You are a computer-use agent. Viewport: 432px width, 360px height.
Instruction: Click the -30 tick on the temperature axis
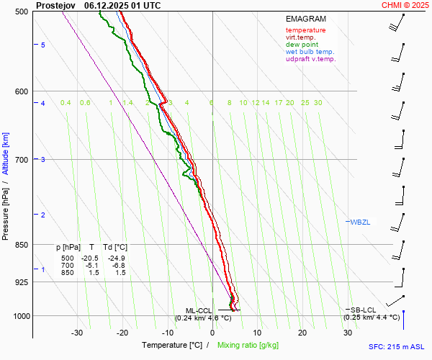pyautogui.click(x=77, y=333)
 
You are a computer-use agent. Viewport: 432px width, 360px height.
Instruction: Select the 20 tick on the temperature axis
pyautogui.click(x=302, y=333)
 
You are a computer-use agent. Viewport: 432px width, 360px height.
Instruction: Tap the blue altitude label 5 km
pyautogui.click(x=43, y=45)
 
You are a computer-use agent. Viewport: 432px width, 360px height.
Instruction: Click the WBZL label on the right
pyautogui.click(x=360, y=222)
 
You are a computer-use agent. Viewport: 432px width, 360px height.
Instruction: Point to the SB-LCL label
pyautogui.click(x=359, y=310)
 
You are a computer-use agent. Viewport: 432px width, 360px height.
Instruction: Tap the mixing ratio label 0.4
pyautogui.click(x=66, y=103)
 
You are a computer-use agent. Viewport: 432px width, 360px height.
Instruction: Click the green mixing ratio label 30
pyautogui.click(x=318, y=103)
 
